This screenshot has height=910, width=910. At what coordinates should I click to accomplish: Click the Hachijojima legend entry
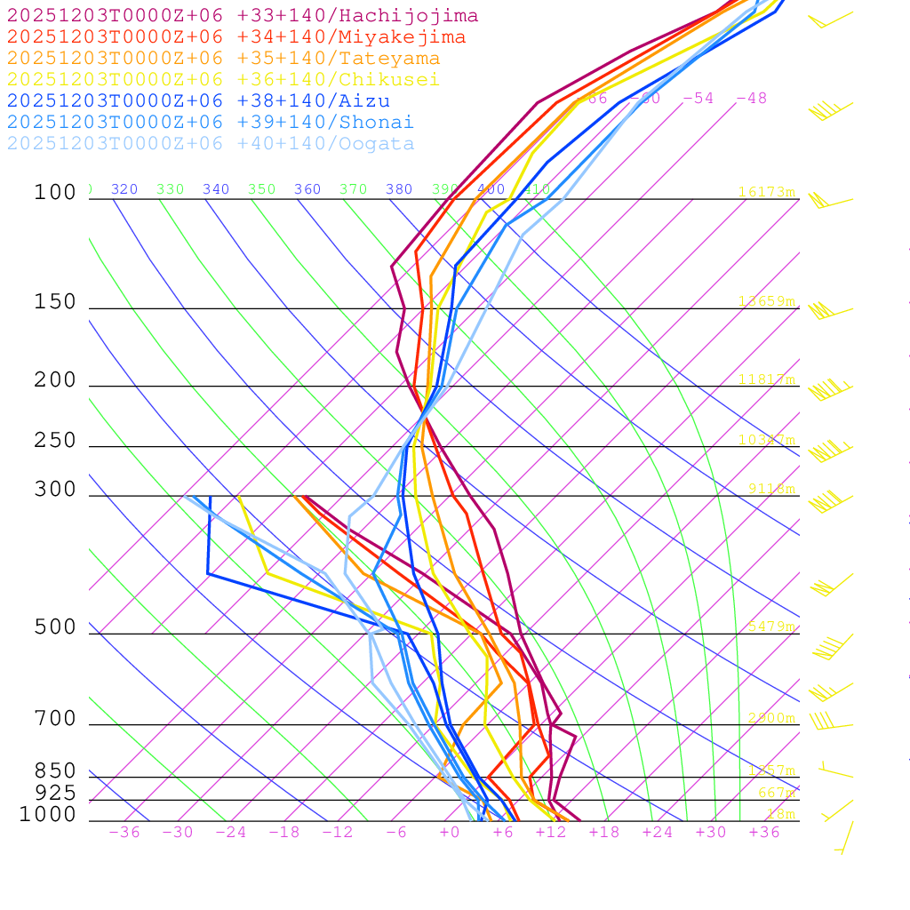click(x=242, y=16)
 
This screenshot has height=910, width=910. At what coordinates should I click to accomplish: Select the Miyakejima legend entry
click(x=235, y=37)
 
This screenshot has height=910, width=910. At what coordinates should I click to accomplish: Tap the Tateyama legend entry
click(x=223, y=59)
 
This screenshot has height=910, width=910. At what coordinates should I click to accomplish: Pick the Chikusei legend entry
click(x=223, y=80)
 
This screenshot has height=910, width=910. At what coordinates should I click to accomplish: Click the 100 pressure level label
click(x=55, y=193)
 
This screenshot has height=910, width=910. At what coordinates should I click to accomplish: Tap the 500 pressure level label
click(x=55, y=628)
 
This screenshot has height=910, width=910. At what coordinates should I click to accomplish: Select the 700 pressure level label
click(x=55, y=719)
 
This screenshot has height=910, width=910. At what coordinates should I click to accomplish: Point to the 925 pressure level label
click(x=55, y=793)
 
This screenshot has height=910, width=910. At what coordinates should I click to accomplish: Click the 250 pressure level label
click(x=55, y=441)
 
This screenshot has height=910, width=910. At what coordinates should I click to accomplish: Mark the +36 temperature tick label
click(x=764, y=833)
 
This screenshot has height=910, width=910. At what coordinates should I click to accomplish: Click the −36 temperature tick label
click(x=124, y=833)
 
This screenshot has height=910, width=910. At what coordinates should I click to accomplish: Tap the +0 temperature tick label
click(x=449, y=833)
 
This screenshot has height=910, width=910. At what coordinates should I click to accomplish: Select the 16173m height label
click(x=767, y=192)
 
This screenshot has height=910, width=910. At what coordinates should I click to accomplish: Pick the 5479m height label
click(x=771, y=627)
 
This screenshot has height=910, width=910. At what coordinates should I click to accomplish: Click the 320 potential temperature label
click(x=124, y=189)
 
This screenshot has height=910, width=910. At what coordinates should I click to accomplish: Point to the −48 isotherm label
click(x=752, y=99)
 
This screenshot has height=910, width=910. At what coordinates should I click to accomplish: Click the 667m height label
click(x=777, y=793)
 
